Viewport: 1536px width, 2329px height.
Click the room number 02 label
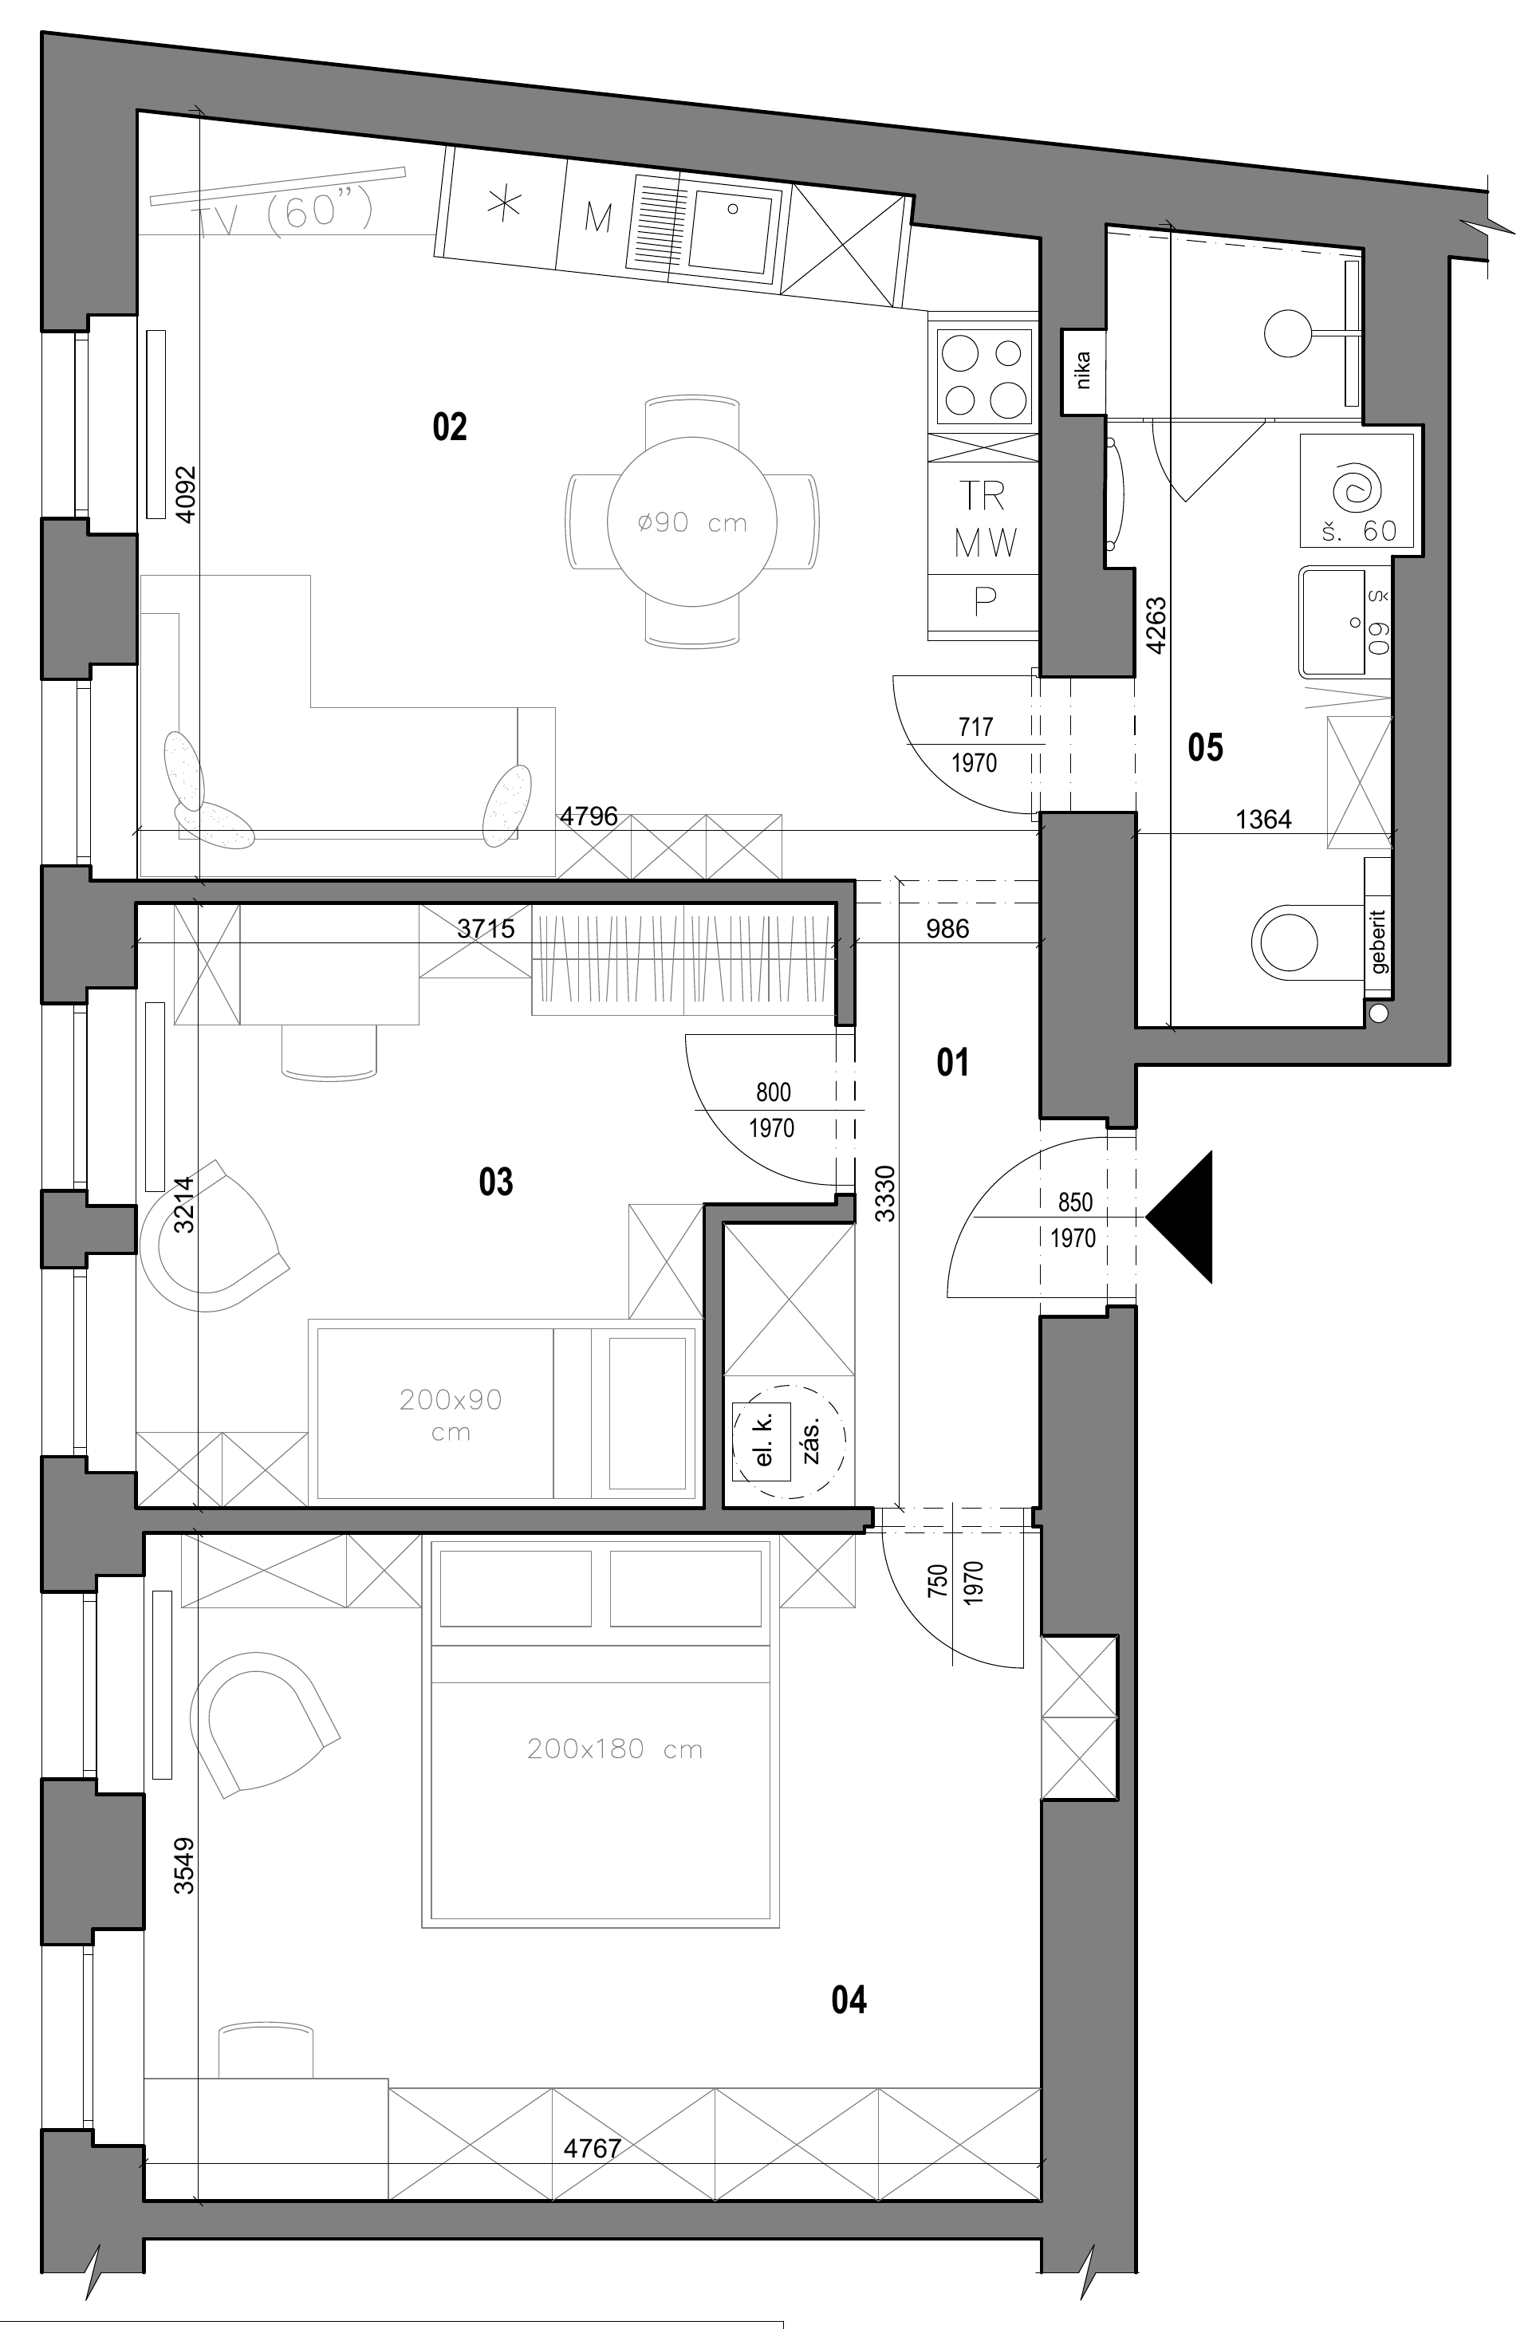450,427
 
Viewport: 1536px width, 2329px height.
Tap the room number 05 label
1205,748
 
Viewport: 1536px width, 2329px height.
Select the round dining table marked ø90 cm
691,521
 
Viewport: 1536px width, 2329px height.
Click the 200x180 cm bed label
614,1749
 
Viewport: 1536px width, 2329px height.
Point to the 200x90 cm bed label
451,1414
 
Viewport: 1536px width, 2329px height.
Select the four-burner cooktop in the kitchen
984,373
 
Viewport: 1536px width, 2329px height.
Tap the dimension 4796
588,816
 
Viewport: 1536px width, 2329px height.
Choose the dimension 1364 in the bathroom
1264,819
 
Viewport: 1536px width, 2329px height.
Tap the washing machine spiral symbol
1357,486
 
